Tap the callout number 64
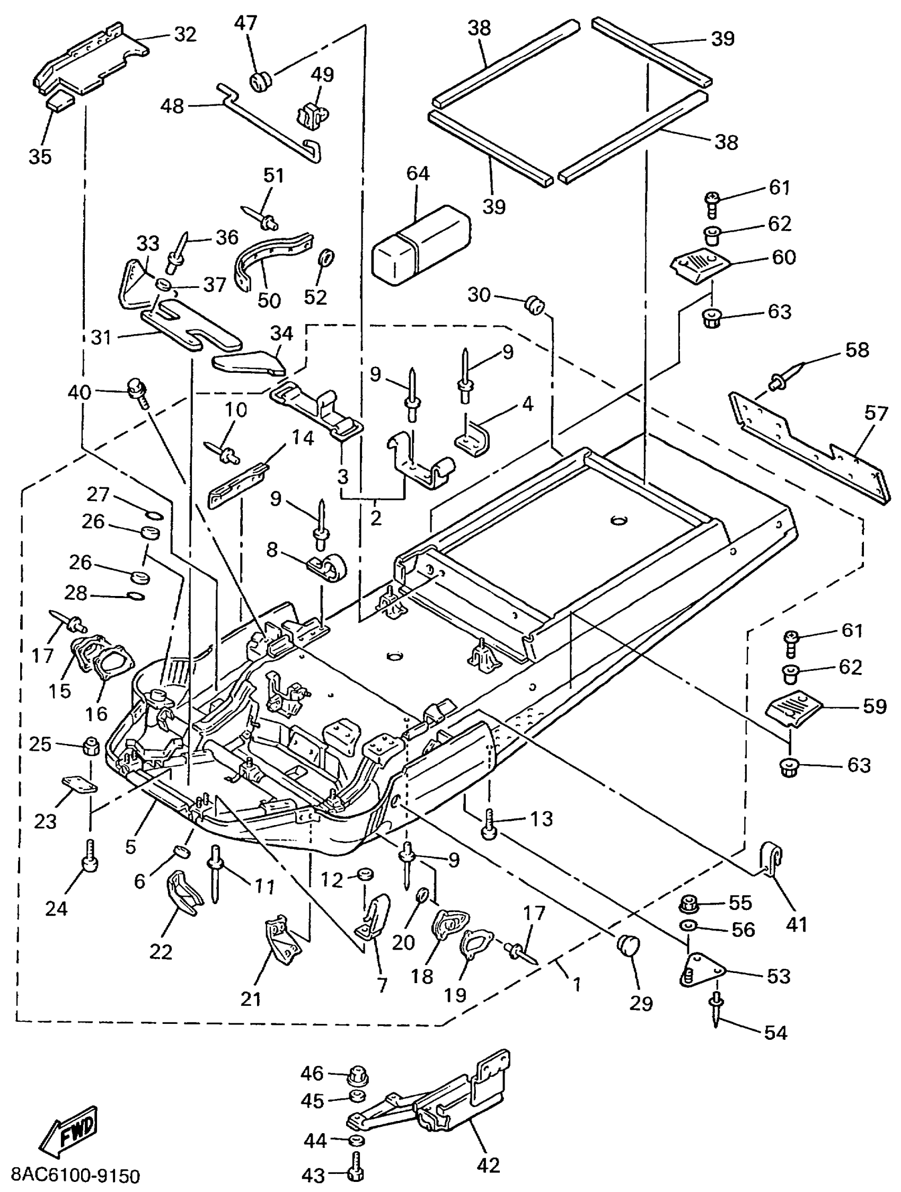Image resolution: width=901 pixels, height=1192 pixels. (x=418, y=173)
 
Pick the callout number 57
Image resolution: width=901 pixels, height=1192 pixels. (x=875, y=413)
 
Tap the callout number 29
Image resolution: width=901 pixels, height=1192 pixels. (x=641, y=1003)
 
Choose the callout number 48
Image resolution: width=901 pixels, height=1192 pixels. (x=172, y=106)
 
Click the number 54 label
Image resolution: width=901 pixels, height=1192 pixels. (x=775, y=1032)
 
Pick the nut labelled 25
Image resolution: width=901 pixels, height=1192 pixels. (x=91, y=748)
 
